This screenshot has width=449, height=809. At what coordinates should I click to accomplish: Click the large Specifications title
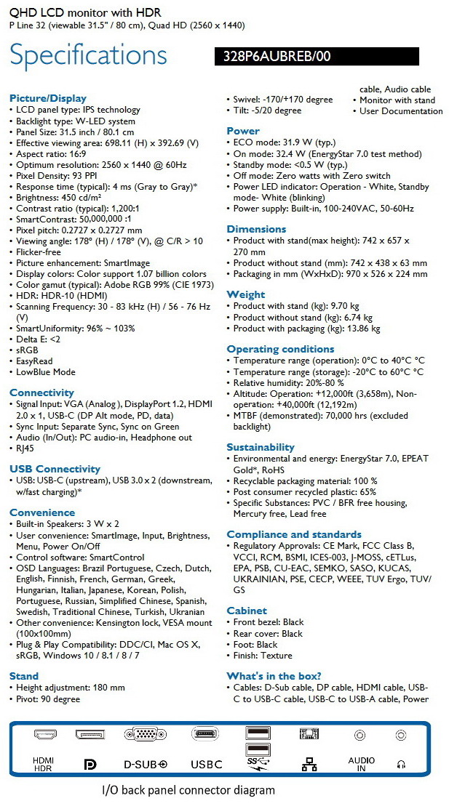pyautogui.click(x=88, y=56)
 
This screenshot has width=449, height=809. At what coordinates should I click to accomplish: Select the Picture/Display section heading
pyautogui.click(x=47, y=98)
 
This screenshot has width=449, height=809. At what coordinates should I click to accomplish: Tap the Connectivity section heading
pyautogui.click(x=41, y=393)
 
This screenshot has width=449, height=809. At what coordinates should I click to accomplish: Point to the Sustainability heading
pyautogui.click(x=261, y=447)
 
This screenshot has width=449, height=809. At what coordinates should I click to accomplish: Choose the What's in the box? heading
pyautogui.click(x=274, y=676)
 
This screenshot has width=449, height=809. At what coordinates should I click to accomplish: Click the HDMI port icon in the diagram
pyautogui.click(x=45, y=735)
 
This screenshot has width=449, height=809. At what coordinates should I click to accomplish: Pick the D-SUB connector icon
pyautogui.click(x=145, y=735)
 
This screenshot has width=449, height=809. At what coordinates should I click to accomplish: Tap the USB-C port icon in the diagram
pyautogui.click(x=205, y=735)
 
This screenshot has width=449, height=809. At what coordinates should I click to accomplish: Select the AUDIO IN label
pyautogui.click(x=361, y=764)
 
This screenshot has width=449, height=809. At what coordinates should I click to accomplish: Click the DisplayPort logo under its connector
pyautogui.click(x=90, y=765)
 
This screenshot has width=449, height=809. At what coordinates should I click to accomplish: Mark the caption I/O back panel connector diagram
pyautogui.click(x=188, y=790)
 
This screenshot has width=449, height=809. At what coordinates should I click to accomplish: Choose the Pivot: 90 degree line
pyautogui.click(x=48, y=699)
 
